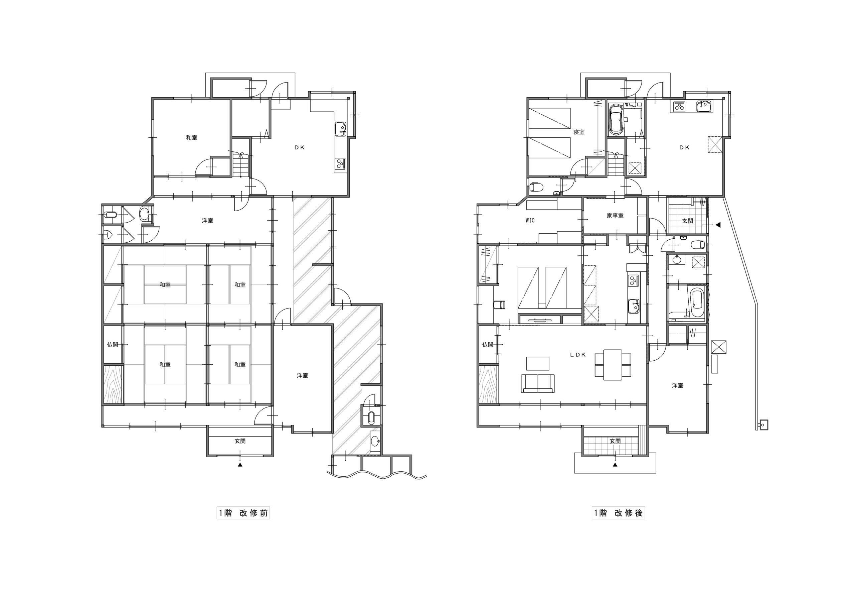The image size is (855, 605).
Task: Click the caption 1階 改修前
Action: point(243,513)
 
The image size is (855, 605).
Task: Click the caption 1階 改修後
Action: point(618,513)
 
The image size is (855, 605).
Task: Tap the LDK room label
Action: point(578,355)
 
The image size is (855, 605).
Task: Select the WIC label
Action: point(530,220)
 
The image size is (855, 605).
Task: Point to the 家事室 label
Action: point(615,216)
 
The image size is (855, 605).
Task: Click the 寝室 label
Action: point(579,132)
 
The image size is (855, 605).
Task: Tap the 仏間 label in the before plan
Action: point(113,344)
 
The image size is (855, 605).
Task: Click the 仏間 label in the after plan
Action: point(488,344)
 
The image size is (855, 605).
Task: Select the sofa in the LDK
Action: point(538,384)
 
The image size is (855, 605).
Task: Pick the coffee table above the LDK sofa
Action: point(537,363)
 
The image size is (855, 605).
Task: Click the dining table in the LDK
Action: point(613,365)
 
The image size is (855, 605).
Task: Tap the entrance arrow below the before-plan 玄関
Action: point(240,465)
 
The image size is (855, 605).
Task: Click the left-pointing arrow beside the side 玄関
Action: point(718,225)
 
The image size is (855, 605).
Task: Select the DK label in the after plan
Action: point(684,147)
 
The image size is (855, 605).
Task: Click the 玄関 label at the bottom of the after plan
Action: point(615,441)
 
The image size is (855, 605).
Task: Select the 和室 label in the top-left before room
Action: point(192,138)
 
